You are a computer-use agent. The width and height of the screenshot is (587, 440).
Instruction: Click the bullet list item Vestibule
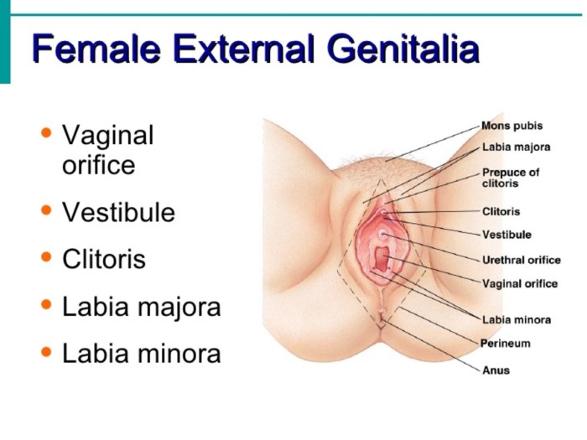(x=118, y=213)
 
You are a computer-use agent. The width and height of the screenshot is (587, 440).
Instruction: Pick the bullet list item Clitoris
(x=104, y=260)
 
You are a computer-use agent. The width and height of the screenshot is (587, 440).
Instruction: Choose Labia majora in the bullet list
(x=141, y=308)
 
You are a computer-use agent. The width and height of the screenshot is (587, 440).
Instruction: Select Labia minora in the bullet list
(x=141, y=355)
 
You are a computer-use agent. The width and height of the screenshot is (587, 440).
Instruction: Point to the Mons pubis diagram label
(x=512, y=126)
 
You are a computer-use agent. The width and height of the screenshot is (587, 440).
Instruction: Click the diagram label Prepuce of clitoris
(x=511, y=178)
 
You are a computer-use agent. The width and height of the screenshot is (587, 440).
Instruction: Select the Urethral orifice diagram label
(x=521, y=260)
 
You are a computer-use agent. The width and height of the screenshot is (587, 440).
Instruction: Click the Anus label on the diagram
(x=496, y=370)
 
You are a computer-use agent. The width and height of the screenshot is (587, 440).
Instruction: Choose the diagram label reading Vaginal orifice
(x=519, y=283)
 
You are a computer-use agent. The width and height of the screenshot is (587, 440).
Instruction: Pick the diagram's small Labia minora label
(x=516, y=319)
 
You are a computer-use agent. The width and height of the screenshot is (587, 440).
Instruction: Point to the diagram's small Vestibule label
(x=506, y=235)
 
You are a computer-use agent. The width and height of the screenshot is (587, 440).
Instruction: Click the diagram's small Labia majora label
(x=516, y=148)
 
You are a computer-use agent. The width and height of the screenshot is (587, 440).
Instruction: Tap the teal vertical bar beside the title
(x=5, y=42)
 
